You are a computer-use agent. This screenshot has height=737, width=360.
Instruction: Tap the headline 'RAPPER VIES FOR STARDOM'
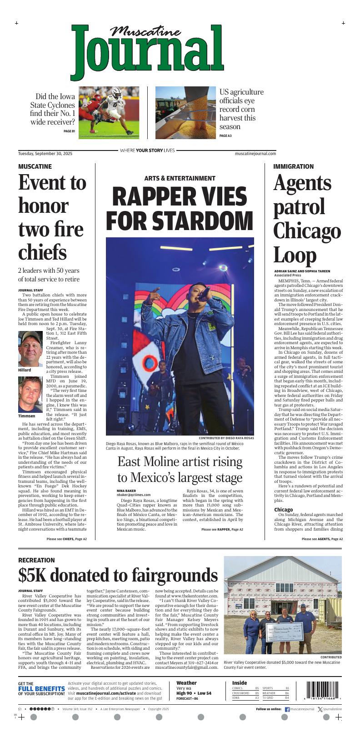(179, 209)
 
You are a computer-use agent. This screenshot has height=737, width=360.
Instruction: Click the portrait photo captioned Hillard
(31, 349)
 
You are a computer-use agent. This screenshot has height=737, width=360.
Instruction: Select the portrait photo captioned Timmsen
(31, 395)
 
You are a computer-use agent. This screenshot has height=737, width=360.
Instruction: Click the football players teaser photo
(109, 112)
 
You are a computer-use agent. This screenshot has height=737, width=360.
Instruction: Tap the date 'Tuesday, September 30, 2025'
(45, 154)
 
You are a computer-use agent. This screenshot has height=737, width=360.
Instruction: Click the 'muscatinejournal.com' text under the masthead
(255, 154)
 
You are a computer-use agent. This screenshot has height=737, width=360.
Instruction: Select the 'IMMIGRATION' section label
(293, 166)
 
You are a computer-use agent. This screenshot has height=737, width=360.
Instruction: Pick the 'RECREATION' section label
(36, 560)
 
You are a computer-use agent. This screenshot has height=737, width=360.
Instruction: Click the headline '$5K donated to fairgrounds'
(118, 576)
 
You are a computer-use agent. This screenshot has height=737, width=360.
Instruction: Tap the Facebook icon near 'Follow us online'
(287, 709)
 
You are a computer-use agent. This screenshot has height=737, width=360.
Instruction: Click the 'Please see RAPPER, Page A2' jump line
(222, 530)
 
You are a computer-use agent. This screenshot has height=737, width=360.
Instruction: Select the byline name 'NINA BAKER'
(126, 491)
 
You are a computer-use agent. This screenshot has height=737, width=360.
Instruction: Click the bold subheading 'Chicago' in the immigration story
(284, 509)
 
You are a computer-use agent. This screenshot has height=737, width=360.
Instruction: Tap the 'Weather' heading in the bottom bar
(186, 683)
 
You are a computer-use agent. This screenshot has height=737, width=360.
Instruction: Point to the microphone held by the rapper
(205, 291)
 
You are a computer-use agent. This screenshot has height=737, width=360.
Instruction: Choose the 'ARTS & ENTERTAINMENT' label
(180, 178)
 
